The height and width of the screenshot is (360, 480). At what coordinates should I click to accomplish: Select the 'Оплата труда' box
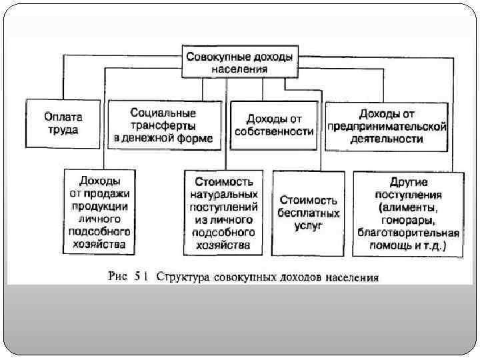click(63, 123)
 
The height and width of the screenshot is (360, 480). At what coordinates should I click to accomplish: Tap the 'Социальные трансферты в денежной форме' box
click(163, 125)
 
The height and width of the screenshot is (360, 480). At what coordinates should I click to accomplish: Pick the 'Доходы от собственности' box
click(274, 125)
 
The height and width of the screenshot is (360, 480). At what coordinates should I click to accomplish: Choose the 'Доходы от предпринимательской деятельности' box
click(386, 125)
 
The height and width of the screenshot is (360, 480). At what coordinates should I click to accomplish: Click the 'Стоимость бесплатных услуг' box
click(309, 213)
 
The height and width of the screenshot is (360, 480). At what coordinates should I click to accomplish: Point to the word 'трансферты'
click(163, 125)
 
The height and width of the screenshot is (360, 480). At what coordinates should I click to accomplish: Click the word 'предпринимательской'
click(387, 126)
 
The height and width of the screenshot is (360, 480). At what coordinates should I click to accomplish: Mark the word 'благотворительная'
click(409, 233)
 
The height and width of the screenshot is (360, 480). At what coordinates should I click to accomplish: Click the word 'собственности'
click(274, 131)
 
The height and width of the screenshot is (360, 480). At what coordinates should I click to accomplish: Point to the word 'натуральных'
click(223, 195)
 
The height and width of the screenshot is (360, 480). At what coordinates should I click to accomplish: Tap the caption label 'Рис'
click(117, 276)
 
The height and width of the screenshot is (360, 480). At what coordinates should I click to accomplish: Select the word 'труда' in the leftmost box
click(63, 130)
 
